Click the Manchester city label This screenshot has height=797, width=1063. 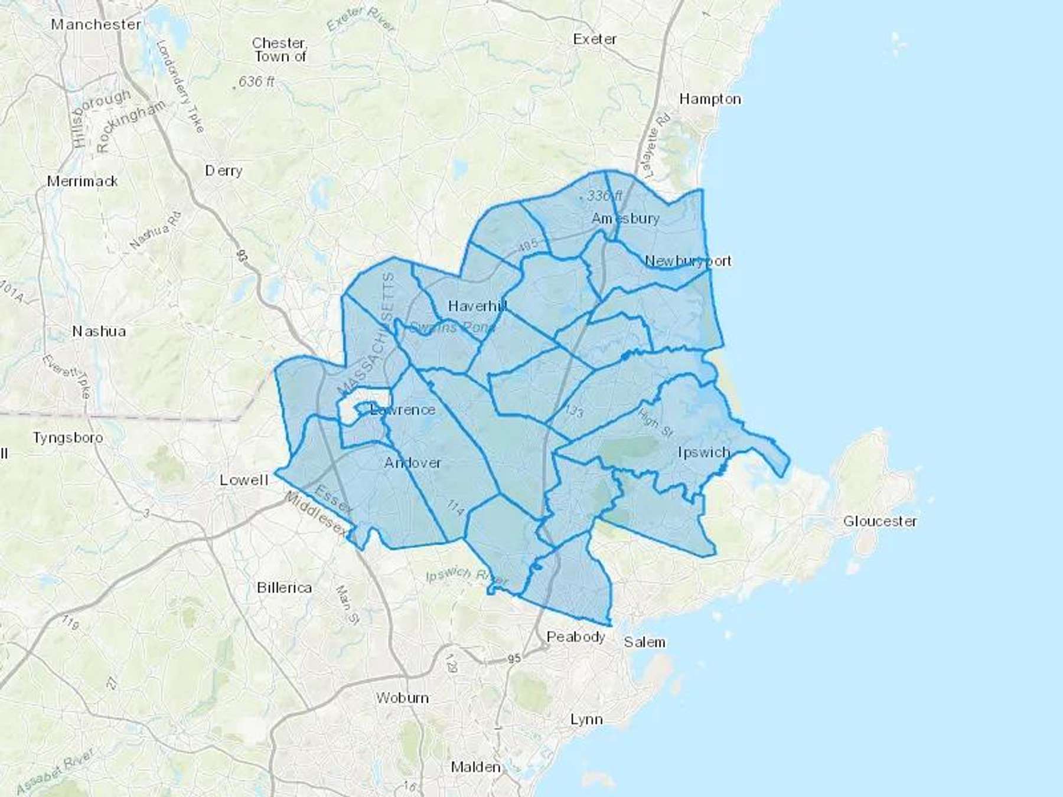point(96,25)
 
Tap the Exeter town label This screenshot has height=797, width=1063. point(595,40)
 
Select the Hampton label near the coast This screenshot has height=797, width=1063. point(710,99)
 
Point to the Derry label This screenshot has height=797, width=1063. point(223,171)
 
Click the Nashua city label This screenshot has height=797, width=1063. point(99,331)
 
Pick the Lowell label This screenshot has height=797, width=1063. point(244,480)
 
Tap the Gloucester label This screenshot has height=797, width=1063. point(880,521)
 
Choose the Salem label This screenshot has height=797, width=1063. point(644,642)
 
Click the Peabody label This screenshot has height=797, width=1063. point(576,637)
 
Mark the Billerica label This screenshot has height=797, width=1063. point(284,588)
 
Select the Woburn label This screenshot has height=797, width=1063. point(402,698)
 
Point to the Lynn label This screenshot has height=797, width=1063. point(586,720)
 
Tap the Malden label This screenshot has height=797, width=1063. point(475,767)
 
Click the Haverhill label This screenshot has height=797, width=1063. point(477,306)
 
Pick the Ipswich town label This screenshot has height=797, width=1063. point(704,453)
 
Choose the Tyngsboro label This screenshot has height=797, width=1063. point(68,438)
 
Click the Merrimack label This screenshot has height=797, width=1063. point(83,181)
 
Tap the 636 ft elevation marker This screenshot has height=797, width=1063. point(256,81)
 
